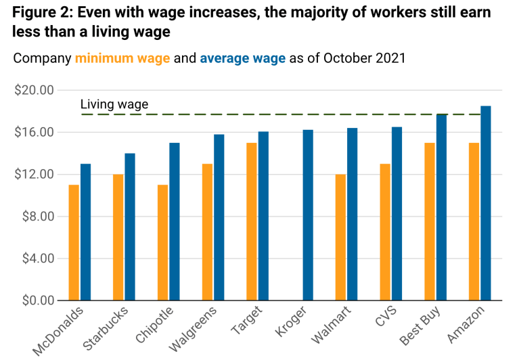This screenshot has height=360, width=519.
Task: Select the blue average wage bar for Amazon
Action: click(x=486, y=203)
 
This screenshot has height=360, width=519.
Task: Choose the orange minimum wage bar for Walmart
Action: click(x=340, y=237)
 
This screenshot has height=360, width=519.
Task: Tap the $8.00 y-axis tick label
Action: click(x=37, y=217)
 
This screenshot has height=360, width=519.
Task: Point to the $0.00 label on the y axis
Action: click(x=37, y=300)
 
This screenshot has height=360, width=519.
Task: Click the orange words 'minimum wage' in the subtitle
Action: click(x=122, y=58)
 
